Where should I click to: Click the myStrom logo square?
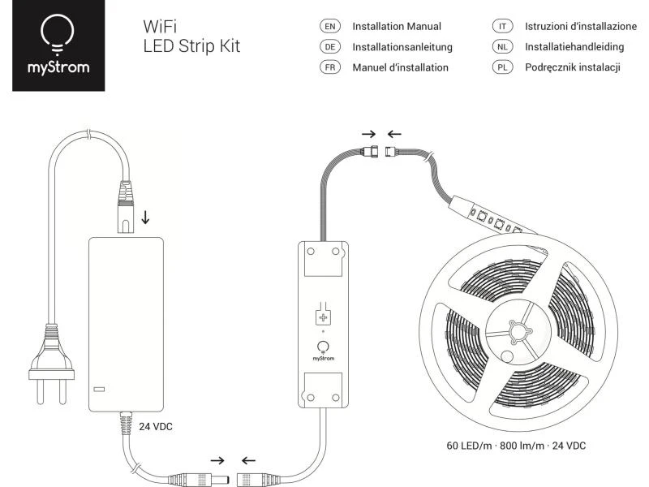point(58,45)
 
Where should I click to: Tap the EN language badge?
point(330,27)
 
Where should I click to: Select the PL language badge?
point(502,67)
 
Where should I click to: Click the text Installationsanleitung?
point(402,47)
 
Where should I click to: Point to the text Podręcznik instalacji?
point(573,67)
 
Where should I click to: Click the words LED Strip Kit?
point(191,46)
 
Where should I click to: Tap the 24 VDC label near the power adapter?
point(156,427)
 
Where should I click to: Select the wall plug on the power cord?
point(51,364)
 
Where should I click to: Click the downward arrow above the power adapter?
point(145,217)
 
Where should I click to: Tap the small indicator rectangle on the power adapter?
point(99,390)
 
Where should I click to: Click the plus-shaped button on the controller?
point(323,317)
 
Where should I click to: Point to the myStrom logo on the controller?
point(323,351)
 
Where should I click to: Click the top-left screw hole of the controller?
point(311,252)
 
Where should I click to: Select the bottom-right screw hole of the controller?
point(336,398)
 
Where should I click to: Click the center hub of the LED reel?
point(518,332)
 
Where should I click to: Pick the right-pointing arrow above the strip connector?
point(368,134)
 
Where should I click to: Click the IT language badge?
point(502,27)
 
